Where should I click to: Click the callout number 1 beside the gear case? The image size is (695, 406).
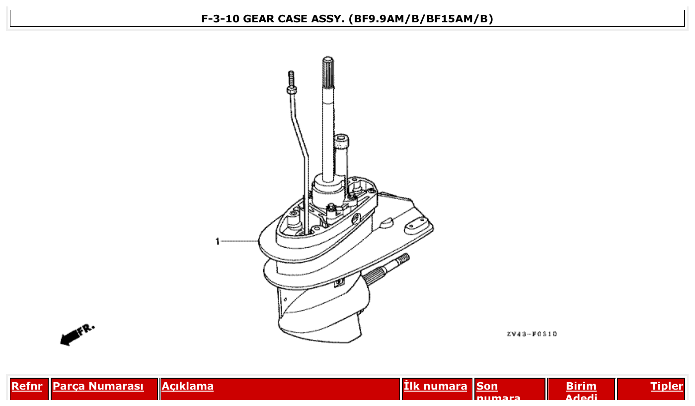pyautogui.click(x=217, y=242)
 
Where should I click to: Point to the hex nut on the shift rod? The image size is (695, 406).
pyautogui.click(x=291, y=90)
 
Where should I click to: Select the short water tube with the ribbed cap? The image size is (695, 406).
pyautogui.click(x=341, y=149)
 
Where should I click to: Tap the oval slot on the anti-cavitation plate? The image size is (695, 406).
pyautogui.click(x=414, y=228)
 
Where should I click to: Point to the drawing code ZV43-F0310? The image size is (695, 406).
pyautogui.click(x=532, y=334)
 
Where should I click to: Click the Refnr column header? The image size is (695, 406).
pyautogui.click(x=27, y=386)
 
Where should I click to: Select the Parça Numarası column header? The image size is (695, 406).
pyautogui.click(x=98, y=386)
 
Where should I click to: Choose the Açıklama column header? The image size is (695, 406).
pyautogui.click(x=187, y=386)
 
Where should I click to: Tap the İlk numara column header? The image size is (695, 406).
pyautogui.click(x=435, y=386)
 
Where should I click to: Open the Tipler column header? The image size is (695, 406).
pyautogui.click(x=667, y=386)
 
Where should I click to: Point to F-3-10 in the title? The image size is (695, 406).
pyautogui.click(x=221, y=19)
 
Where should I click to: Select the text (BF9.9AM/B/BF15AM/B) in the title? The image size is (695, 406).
pyautogui.click(x=421, y=19)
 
